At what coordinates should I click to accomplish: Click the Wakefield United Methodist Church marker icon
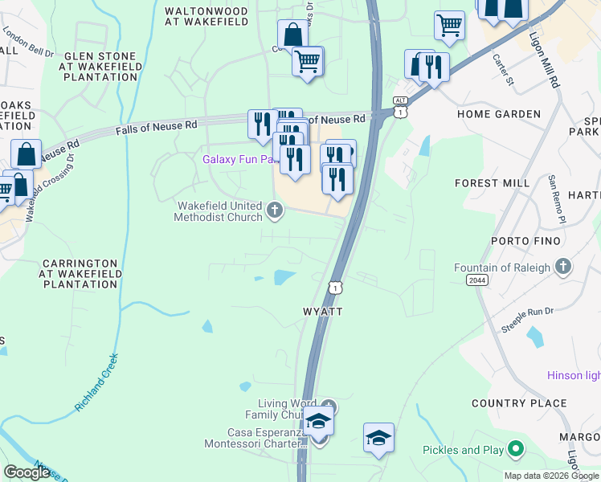click(x=275, y=211)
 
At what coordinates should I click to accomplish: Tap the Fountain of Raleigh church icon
click(x=563, y=266)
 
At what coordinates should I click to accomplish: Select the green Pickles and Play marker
click(x=515, y=450)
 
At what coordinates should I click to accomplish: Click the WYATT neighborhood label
click(x=323, y=311)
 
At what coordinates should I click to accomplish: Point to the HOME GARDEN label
click(x=499, y=114)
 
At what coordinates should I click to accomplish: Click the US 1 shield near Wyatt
click(x=334, y=287)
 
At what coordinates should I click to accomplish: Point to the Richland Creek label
click(x=97, y=383)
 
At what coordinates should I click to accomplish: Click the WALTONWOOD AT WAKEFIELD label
click(x=206, y=18)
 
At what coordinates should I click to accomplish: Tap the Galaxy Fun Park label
click(x=239, y=159)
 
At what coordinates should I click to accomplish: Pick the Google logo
click(x=27, y=472)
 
